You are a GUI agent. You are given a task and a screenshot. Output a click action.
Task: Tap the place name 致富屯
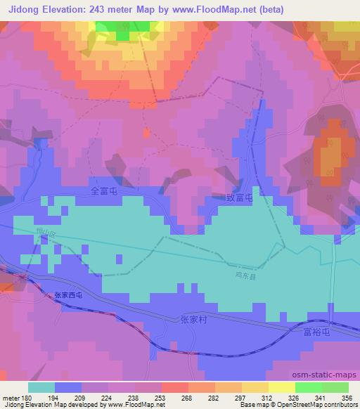click(239, 200)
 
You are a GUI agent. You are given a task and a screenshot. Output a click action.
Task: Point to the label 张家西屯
click(68, 296)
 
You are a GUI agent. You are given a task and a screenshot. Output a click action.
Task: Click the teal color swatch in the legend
click(41, 387)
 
